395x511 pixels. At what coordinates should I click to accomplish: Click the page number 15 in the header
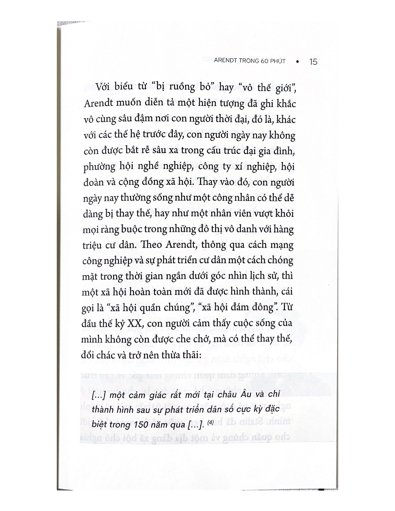tap(313, 62)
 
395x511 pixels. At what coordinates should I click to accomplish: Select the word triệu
tap(92, 245)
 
